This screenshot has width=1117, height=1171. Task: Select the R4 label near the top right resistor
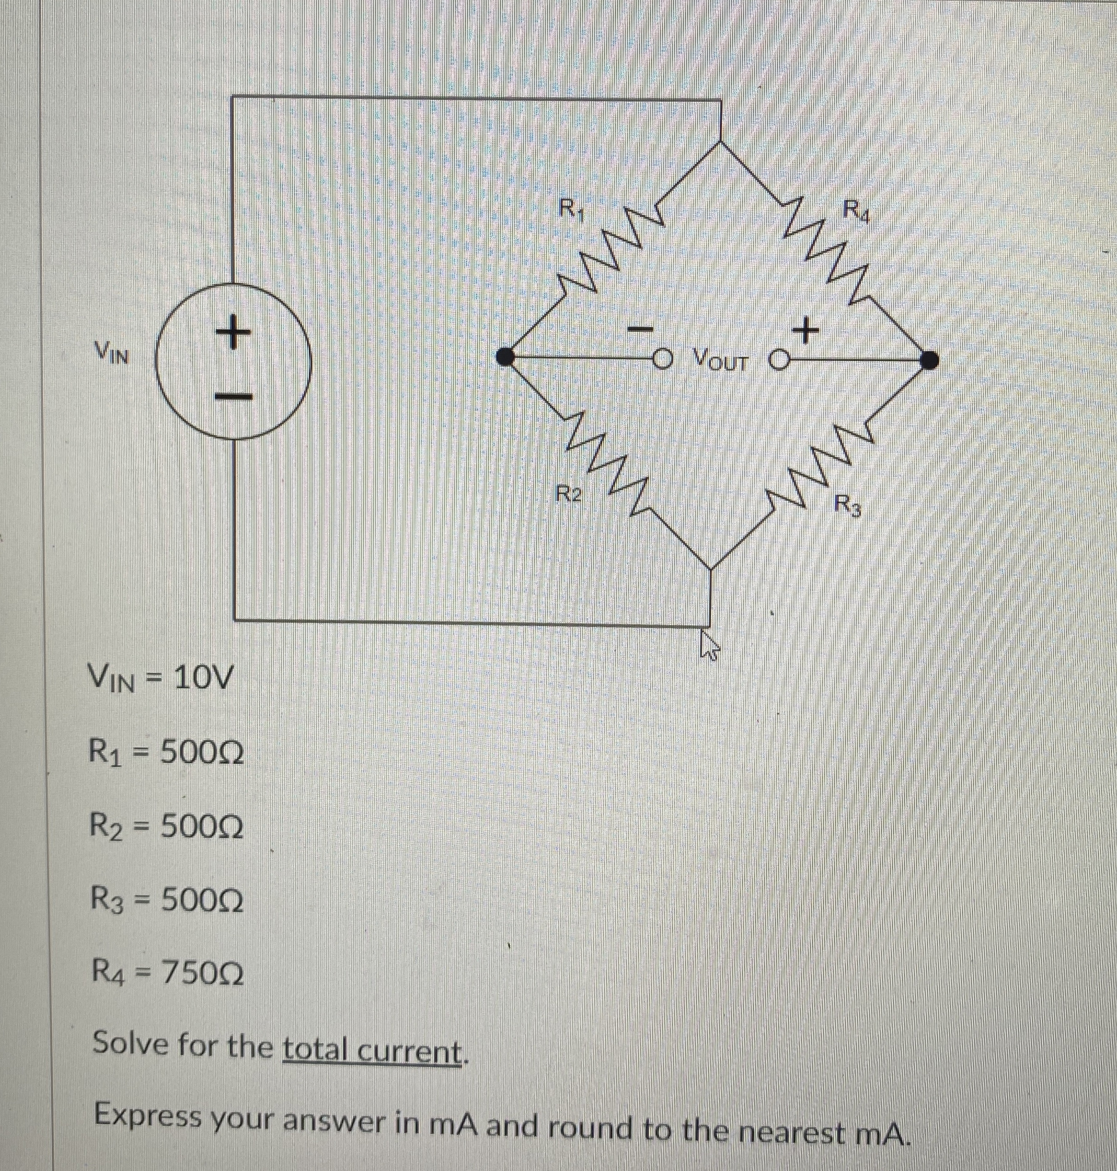point(858,212)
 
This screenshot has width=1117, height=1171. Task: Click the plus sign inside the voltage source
point(233,332)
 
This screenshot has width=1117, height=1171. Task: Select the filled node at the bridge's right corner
point(929,360)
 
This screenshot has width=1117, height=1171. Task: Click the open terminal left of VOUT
point(661,358)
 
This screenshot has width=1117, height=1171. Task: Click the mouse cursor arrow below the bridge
point(709,645)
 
